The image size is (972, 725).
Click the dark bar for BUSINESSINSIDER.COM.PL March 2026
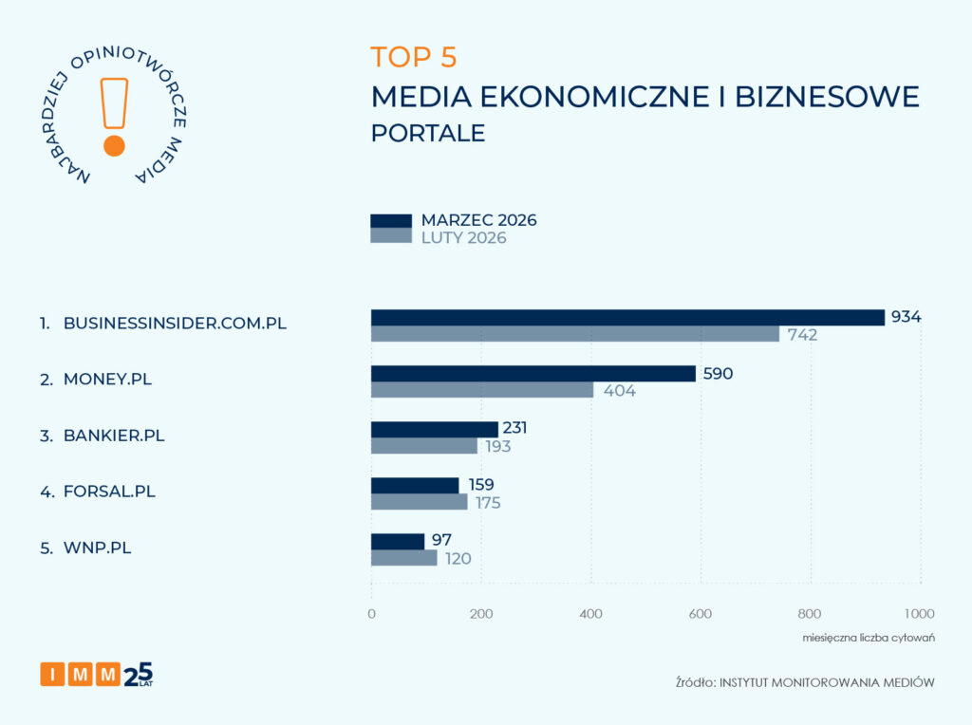click(626, 317)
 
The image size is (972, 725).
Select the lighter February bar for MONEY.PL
click(481, 390)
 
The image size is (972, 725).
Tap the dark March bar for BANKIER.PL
click(434, 429)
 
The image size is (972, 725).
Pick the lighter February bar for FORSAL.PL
click(419, 502)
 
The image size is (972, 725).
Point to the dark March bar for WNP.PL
click(398, 541)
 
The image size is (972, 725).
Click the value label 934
click(906, 317)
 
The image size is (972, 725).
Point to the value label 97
click(441, 540)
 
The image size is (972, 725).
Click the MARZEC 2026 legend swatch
click(390, 220)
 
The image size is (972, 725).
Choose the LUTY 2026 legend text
click(463, 238)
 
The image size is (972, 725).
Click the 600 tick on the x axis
click(701, 613)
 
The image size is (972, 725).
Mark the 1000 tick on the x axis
click(919, 613)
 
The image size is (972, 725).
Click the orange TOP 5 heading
click(414, 57)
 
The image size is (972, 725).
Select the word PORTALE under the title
click(427, 133)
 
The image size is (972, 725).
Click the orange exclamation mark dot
click(114, 145)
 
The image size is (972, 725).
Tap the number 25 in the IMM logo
click(138, 672)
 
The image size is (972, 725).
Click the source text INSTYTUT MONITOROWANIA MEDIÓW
click(827, 682)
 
